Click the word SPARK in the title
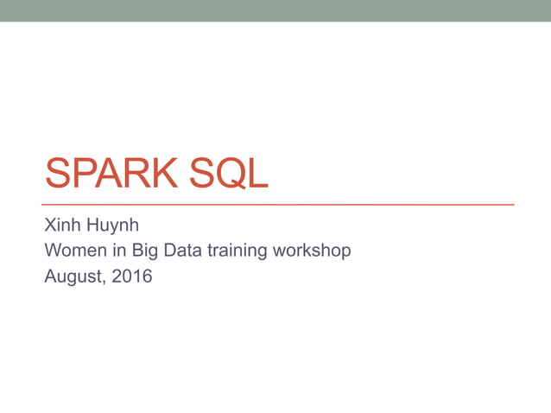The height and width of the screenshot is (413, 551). (107, 173)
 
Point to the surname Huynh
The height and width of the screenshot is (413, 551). (111, 228)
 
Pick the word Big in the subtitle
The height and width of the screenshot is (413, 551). (146, 252)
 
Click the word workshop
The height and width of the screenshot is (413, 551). (312, 252)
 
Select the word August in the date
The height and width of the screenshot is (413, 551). (73, 277)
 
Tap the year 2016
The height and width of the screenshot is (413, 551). (132, 276)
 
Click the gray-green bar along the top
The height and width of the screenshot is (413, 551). (275, 10)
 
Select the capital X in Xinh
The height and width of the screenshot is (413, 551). (50, 227)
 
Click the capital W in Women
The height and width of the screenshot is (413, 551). (52, 251)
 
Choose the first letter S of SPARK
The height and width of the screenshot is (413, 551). (57, 173)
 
